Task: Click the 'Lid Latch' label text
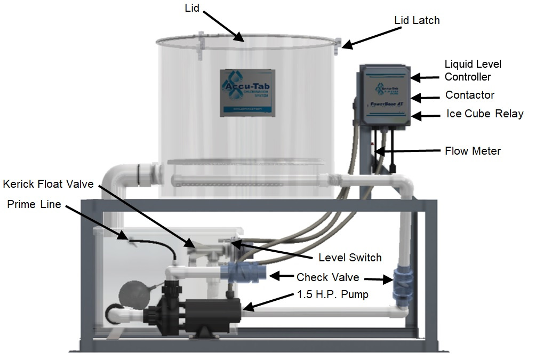click(417, 21)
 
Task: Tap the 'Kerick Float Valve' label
click(48, 185)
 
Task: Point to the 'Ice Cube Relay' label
click(484, 114)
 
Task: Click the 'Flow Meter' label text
click(473, 151)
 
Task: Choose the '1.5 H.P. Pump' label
click(332, 294)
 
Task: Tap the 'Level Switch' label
click(350, 258)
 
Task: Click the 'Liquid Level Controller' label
click(473, 70)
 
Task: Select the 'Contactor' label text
click(469, 95)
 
